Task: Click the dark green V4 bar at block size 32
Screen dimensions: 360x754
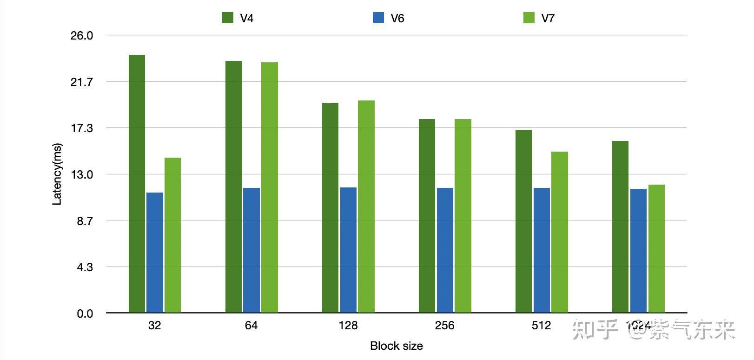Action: click(137, 184)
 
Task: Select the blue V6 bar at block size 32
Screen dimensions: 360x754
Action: click(155, 252)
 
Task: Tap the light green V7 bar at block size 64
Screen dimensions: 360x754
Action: click(270, 187)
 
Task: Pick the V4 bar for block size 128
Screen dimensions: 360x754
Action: click(330, 207)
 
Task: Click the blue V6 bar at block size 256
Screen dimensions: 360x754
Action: click(445, 250)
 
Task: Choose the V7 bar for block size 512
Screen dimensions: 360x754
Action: click(560, 232)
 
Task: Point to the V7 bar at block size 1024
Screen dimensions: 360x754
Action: click(656, 248)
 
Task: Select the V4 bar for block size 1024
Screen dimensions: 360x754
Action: click(620, 227)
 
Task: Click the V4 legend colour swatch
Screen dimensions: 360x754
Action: click(228, 18)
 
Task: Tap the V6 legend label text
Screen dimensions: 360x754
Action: click(397, 19)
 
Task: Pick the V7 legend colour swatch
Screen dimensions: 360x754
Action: click(529, 18)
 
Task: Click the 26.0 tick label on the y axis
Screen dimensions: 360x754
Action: click(82, 36)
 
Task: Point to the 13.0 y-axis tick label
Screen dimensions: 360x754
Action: click(82, 175)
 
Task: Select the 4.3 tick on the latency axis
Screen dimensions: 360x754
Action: click(85, 267)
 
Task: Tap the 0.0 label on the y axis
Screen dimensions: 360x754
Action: click(85, 314)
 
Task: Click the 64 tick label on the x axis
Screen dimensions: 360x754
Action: click(251, 326)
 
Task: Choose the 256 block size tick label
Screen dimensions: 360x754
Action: click(445, 326)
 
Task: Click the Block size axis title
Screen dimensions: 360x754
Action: click(397, 346)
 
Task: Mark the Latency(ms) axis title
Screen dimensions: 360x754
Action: click(57, 174)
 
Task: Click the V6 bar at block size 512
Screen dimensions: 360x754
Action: click(542, 250)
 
